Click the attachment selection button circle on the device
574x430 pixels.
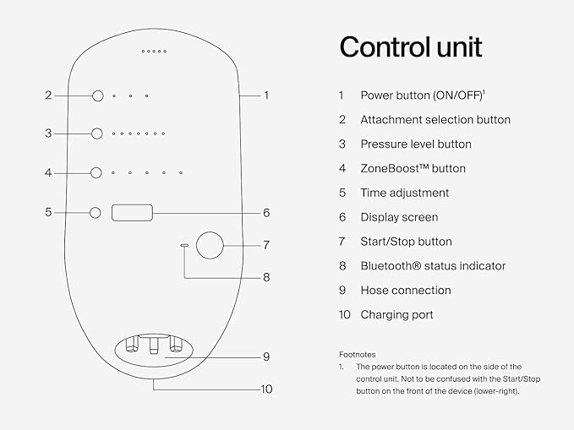click(97, 95)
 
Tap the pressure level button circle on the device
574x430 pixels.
click(97, 133)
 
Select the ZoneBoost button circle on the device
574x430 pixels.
click(97, 172)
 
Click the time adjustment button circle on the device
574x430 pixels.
click(95, 212)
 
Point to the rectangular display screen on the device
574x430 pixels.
click(132, 212)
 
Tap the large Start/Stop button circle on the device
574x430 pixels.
click(209, 245)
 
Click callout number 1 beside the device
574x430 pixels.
click(266, 95)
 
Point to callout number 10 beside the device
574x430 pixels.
click(267, 389)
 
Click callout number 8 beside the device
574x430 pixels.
click(265, 276)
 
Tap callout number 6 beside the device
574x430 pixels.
click(265, 213)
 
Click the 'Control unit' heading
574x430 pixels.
click(411, 47)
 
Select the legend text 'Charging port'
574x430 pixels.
click(396, 314)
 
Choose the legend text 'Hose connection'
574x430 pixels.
click(405, 290)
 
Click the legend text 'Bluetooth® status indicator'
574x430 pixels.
click(433, 265)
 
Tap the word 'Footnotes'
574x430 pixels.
click(357, 355)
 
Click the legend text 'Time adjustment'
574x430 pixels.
click(404, 193)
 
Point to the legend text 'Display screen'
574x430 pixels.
click(399, 217)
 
